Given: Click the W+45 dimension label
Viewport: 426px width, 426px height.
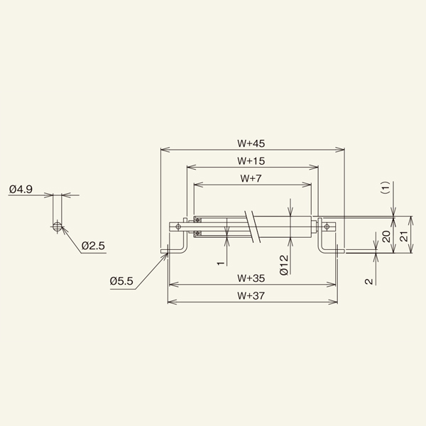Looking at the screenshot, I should tap(252, 143).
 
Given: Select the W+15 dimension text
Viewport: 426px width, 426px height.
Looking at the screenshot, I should tap(251, 160).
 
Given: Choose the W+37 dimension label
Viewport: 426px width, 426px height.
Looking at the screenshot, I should tap(251, 295).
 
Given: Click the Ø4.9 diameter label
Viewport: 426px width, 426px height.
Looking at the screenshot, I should tap(22, 190).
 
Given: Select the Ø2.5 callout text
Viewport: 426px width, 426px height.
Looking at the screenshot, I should tap(93, 246).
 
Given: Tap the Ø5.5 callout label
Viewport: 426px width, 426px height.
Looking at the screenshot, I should tap(121, 281).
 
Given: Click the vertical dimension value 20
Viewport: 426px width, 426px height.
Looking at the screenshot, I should tap(386, 236).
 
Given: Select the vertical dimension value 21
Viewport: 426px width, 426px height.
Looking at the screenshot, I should tap(404, 236).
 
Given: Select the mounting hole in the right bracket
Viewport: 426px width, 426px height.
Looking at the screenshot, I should tap(327, 226).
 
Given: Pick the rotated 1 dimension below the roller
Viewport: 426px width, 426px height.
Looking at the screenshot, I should tap(221, 263).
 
